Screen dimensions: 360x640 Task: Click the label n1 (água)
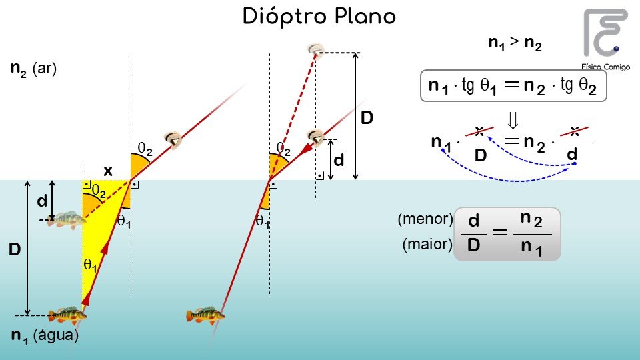click(45, 337)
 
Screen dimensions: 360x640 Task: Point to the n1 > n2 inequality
click(515, 44)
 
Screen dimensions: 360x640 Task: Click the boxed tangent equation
click(513, 86)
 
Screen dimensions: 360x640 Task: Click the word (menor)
click(425, 219)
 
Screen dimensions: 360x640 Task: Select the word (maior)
click(427, 245)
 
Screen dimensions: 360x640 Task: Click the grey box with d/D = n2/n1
click(507, 233)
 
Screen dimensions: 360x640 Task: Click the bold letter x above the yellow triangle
click(107, 171)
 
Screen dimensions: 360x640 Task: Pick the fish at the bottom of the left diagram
click(67, 313)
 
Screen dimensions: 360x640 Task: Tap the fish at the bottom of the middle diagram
click(205, 315)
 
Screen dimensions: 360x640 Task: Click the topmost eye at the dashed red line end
click(316, 49)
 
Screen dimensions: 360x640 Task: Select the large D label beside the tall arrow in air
click(367, 119)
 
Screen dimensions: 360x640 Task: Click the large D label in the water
click(14, 251)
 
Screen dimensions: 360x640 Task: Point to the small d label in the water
click(42, 200)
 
